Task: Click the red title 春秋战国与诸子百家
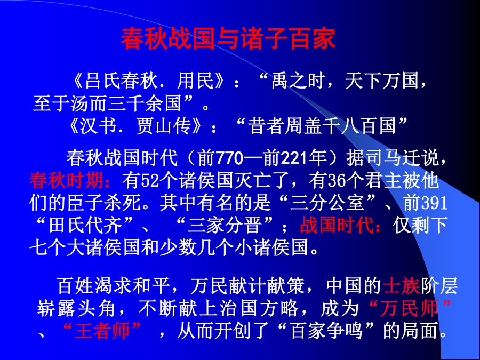coord(228,39)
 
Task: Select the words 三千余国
coord(145,103)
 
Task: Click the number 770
coord(229,158)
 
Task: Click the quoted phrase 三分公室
coord(327,203)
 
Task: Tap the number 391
coord(435,203)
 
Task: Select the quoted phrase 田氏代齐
coord(85,225)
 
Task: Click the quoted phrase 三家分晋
coord(225,225)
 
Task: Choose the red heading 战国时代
coord(337,225)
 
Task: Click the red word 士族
coord(401,286)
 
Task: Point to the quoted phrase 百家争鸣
coord(326,331)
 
